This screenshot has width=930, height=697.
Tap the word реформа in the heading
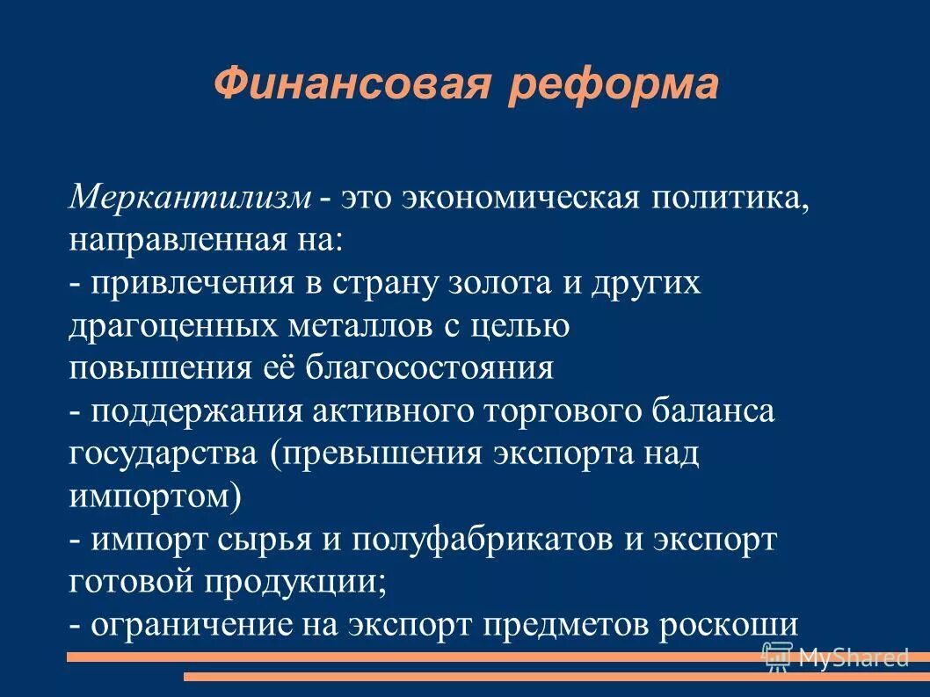(613, 86)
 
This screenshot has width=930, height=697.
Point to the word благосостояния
(430, 367)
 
